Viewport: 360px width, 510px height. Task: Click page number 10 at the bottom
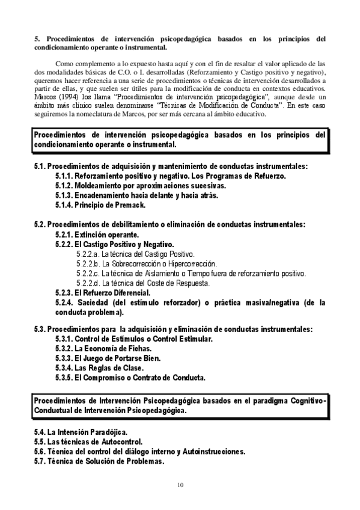pyautogui.click(x=180, y=485)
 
